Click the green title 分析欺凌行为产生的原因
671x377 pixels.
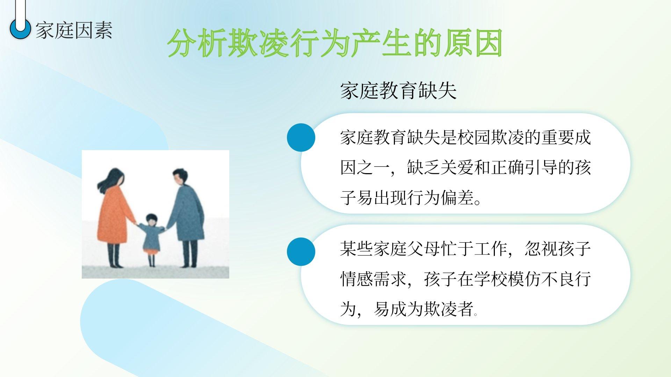click(x=335, y=43)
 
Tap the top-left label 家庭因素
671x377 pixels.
click(x=74, y=30)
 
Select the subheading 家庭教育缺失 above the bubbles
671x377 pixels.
click(x=398, y=91)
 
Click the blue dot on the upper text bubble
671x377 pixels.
click(x=301, y=138)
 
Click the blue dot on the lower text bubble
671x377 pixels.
click(x=301, y=252)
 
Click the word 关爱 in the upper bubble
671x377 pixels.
click(x=457, y=168)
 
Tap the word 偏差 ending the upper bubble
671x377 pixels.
click(x=457, y=198)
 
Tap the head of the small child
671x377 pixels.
click(x=151, y=220)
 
